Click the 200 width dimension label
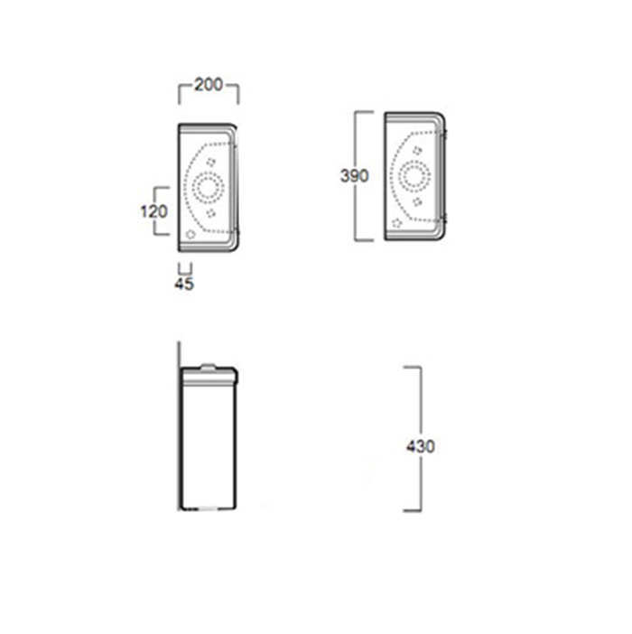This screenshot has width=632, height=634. [x=209, y=85]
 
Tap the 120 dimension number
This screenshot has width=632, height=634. [x=153, y=211]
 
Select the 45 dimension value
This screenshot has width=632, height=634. [x=184, y=284]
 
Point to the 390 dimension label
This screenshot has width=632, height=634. [x=355, y=176]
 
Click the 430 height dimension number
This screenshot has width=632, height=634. [x=420, y=446]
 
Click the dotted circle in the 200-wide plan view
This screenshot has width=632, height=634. [x=208, y=187]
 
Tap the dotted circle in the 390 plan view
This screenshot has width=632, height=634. [x=415, y=175]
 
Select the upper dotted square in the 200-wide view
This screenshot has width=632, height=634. [x=210, y=162]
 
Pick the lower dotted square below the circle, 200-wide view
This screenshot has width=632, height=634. [x=210, y=212]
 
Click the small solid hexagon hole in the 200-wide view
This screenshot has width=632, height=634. [x=191, y=234]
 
